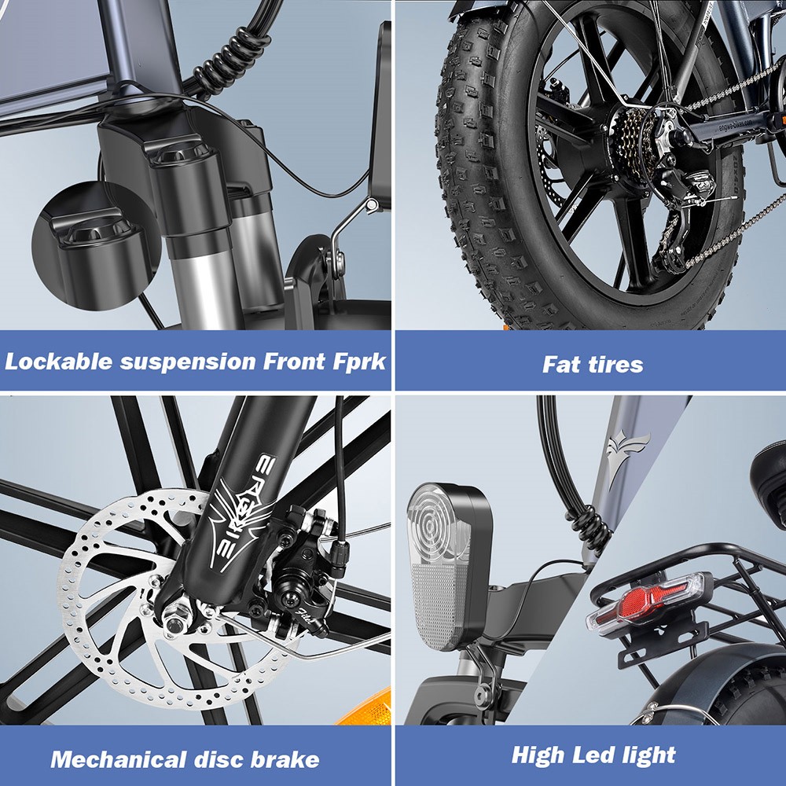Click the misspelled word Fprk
(x=358, y=362)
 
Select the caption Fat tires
(x=593, y=365)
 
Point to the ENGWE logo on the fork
(x=229, y=511)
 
